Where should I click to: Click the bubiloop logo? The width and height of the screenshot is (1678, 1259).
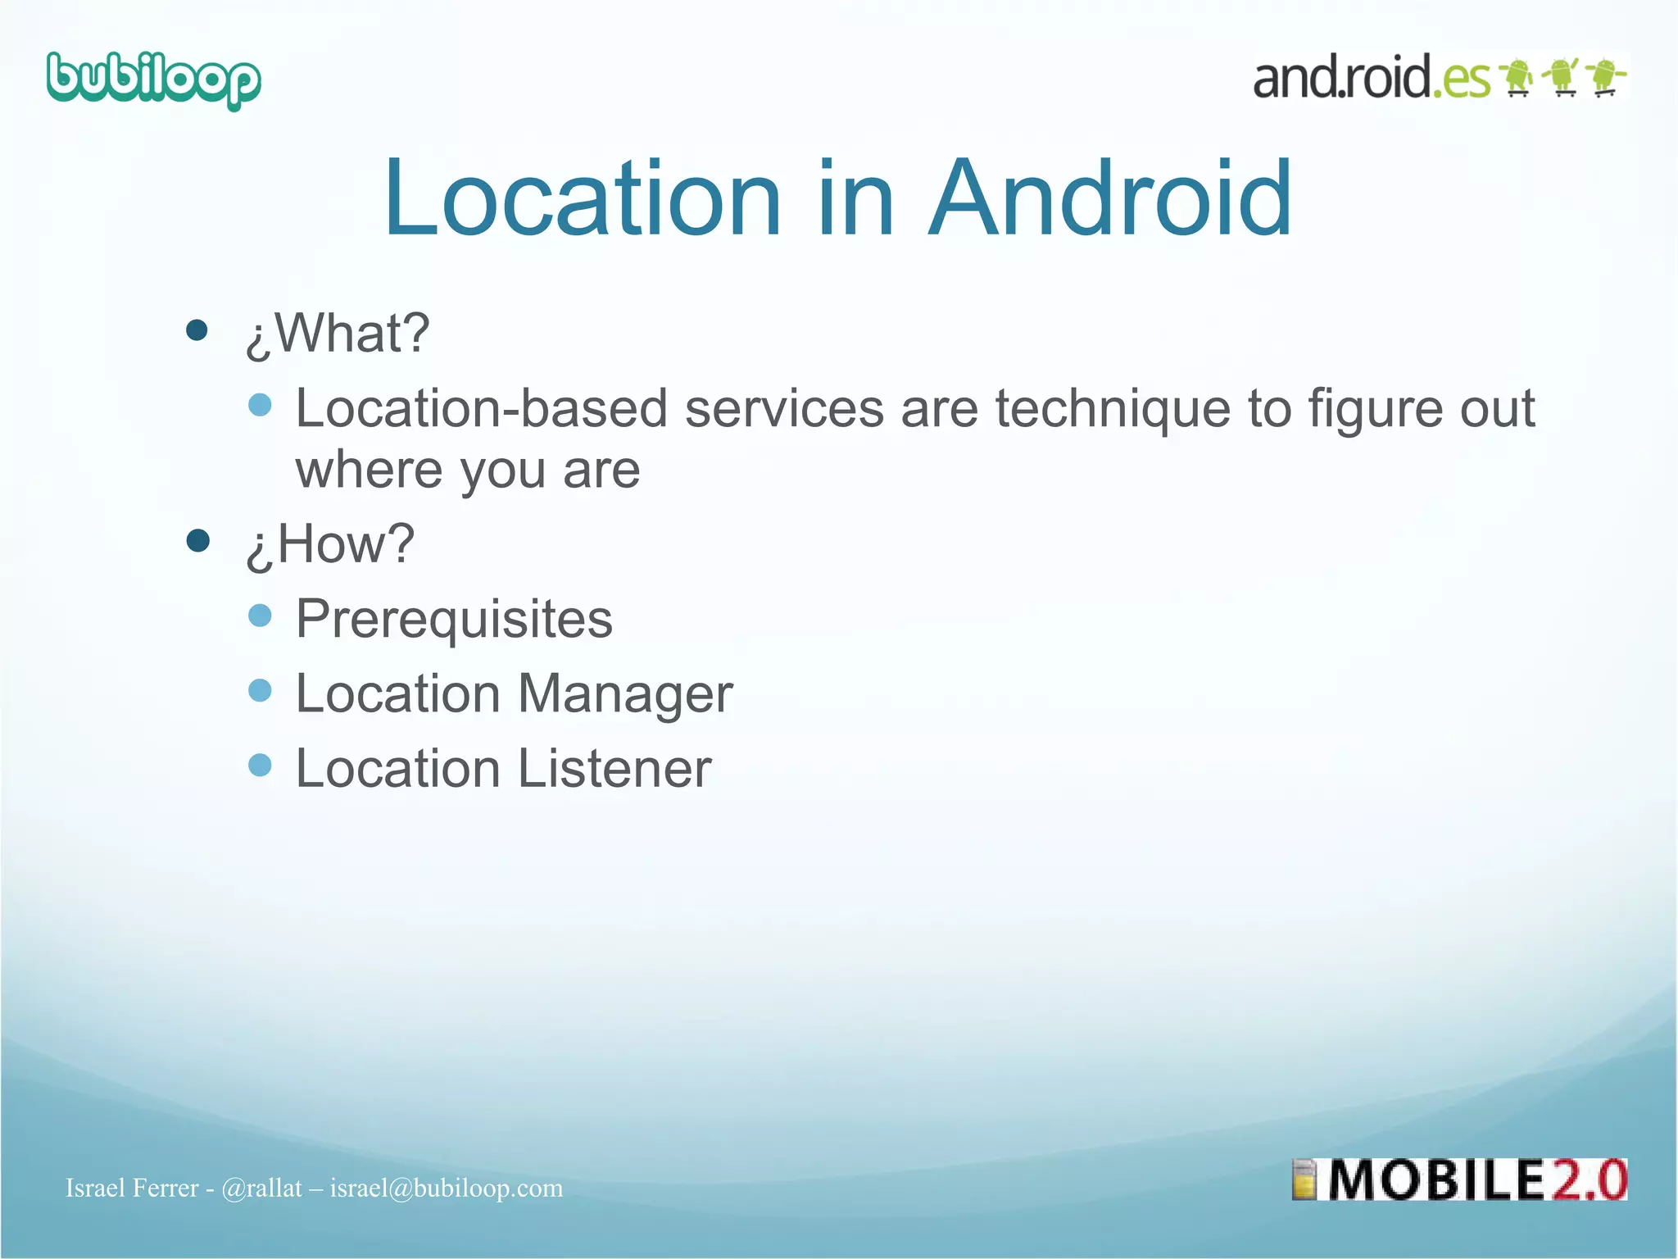pyautogui.click(x=153, y=80)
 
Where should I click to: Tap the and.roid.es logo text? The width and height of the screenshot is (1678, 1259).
pyautogui.click(x=1371, y=79)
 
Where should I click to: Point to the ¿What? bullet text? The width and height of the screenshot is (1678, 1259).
pyautogui.click(x=338, y=334)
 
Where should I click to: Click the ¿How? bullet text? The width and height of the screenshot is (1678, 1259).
pyautogui.click(x=330, y=544)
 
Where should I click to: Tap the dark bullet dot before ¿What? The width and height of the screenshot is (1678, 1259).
pyautogui.click(x=197, y=330)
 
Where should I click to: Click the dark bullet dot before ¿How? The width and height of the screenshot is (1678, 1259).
pyautogui.click(x=197, y=541)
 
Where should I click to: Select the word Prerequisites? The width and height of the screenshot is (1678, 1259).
pyautogui.click(x=454, y=619)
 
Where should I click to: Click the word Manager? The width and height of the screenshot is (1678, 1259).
pyautogui.click(x=625, y=694)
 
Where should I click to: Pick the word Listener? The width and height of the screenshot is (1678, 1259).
pyautogui.click(x=615, y=769)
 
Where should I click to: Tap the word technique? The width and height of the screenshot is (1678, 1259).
pyautogui.click(x=1113, y=408)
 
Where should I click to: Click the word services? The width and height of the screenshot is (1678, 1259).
pyautogui.click(x=784, y=408)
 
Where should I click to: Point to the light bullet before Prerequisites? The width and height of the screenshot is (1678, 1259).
pyautogui.click(x=260, y=616)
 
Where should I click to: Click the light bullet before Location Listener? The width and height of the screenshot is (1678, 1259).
pyautogui.click(x=260, y=766)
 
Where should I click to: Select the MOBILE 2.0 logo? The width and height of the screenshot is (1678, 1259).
pyautogui.click(x=1459, y=1180)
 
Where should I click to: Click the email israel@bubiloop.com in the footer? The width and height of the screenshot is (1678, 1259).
pyautogui.click(x=447, y=1189)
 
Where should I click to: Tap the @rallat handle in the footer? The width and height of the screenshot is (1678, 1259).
pyautogui.click(x=261, y=1189)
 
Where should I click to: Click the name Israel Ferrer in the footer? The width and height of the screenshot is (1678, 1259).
pyautogui.click(x=132, y=1189)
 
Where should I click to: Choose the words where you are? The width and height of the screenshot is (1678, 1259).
pyautogui.click(x=468, y=470)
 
